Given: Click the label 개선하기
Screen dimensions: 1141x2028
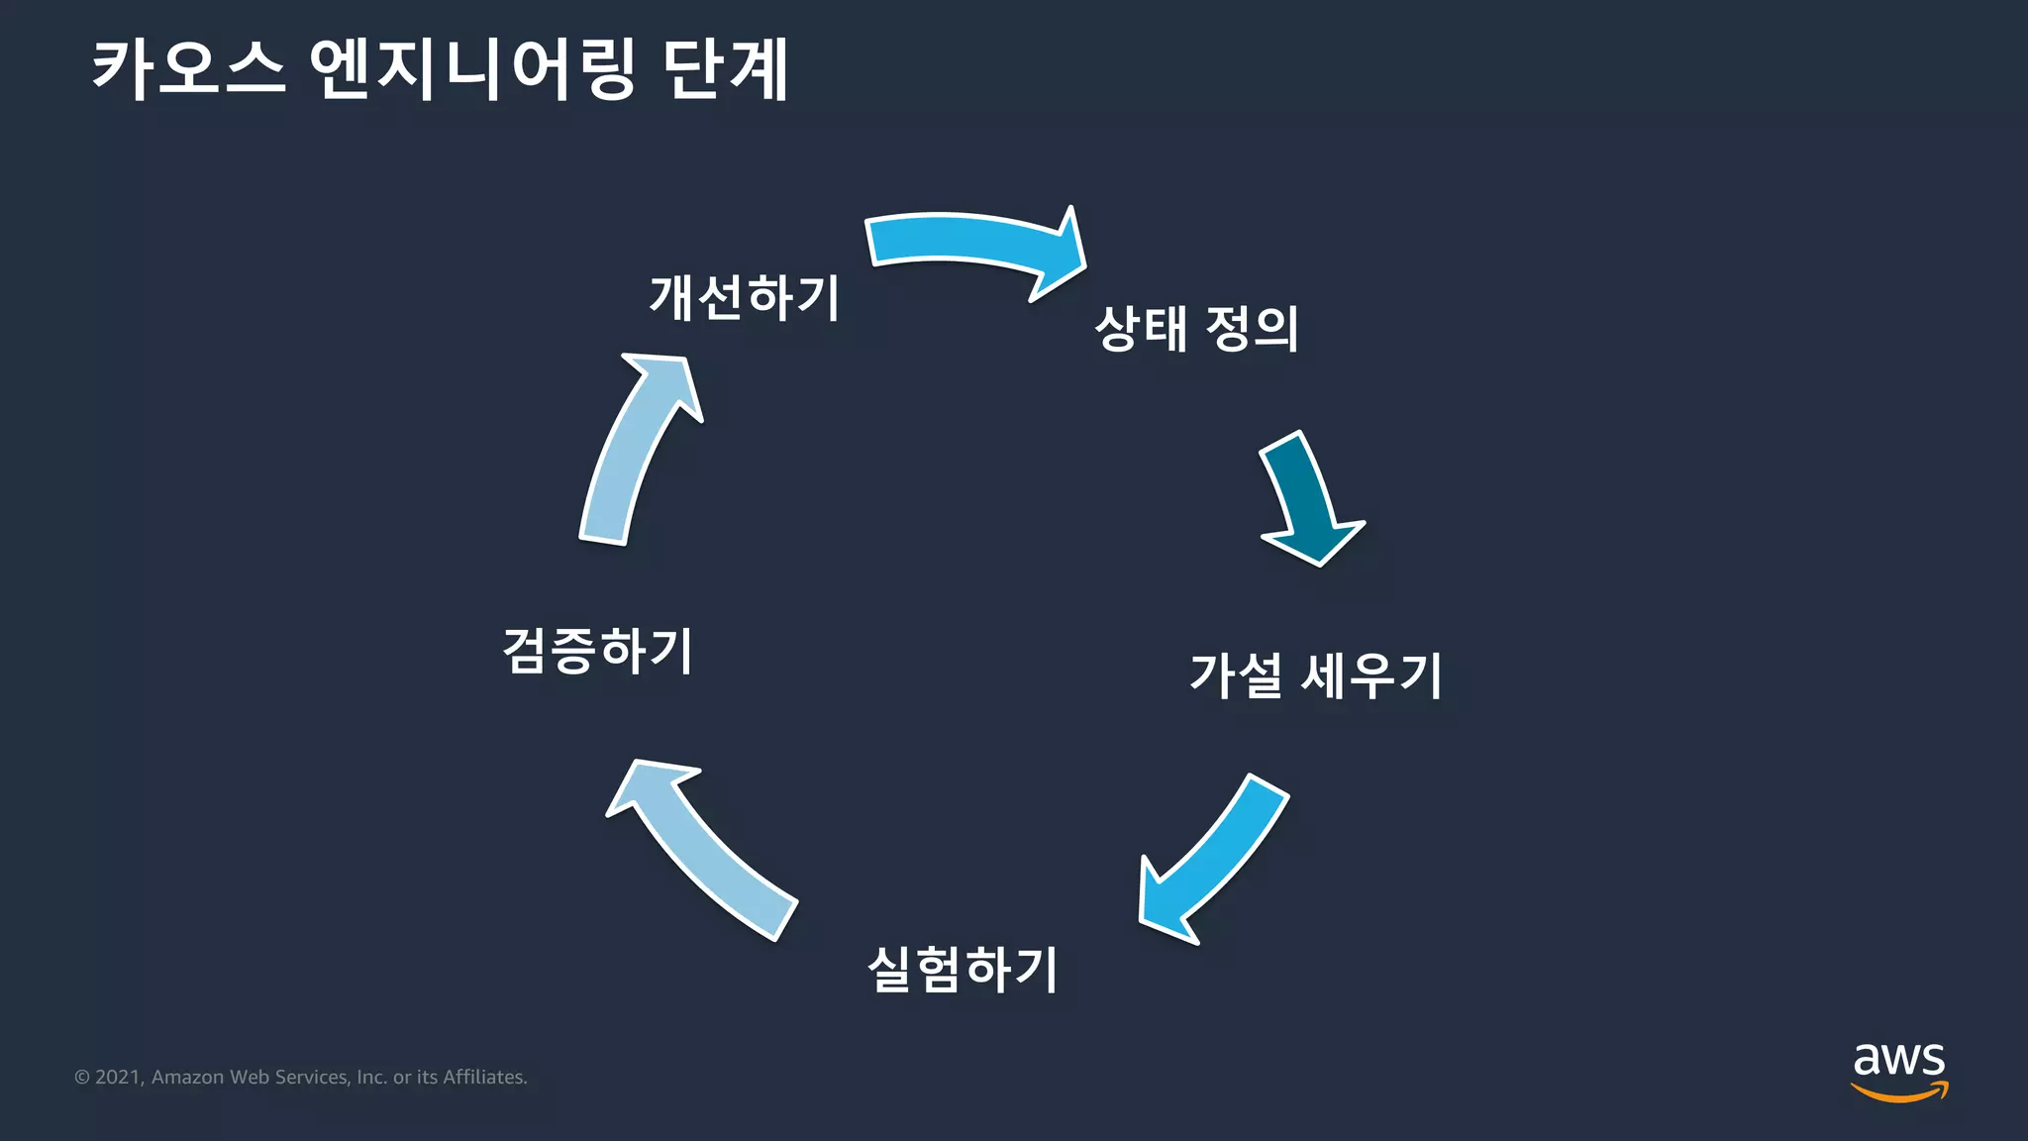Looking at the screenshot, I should click(x=745, y=297).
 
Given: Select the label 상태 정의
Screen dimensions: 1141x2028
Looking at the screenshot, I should click(x=1196, y=329).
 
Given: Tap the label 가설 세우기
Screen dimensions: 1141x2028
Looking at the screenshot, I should click(x=1315, y=675).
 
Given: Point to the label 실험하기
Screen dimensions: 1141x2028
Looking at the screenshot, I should click(x=963, y=969).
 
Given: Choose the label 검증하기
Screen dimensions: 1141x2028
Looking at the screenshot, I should click(x=598, y=651).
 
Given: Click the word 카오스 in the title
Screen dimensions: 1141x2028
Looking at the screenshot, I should click(x=188, y=69).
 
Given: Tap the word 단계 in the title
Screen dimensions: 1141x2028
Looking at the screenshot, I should click(x=726, y=69).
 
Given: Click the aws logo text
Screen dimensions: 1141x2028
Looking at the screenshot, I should click(x=1898, y=1060).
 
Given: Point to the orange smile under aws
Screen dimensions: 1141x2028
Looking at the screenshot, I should click(x=1898, y=1092).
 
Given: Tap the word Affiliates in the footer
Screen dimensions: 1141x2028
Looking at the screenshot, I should click(x=484, y=1078).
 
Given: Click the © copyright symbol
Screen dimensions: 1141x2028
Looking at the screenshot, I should click(x=82, y=1078).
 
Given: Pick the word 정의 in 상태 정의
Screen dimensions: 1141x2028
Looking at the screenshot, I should click(x=1252, y=329).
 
